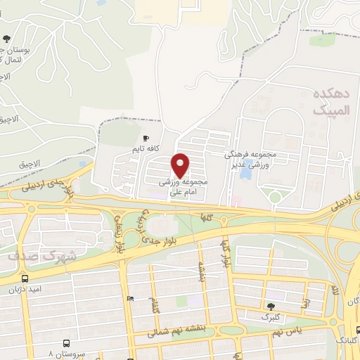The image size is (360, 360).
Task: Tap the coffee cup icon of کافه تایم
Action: [146, 139]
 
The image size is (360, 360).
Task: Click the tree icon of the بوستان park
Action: [7, 39]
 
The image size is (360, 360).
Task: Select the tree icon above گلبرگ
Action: [271, 305]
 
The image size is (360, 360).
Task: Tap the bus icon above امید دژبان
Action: [27, 276]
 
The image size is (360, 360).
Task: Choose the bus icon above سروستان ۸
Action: [66, 343]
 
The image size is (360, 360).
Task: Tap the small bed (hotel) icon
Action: [130, 298]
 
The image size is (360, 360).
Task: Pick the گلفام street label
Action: [153, 307]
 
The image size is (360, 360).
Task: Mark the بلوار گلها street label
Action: [226, 256]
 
